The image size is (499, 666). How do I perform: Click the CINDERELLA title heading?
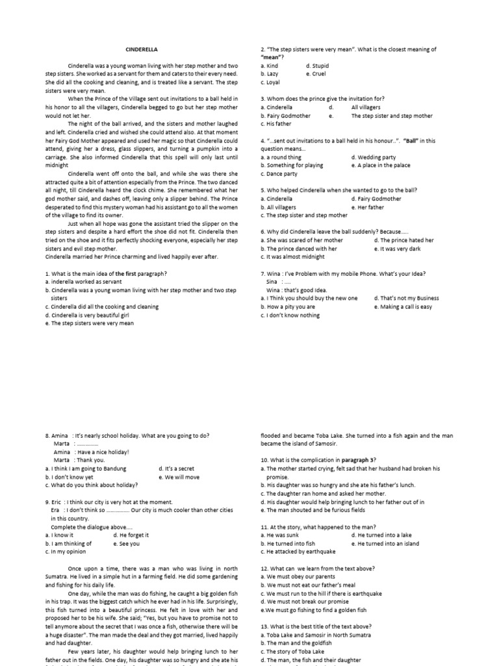click(x=141, y=49)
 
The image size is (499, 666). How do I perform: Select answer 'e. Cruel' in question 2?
click(x=318, y=74)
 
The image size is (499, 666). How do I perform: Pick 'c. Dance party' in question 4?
click(x=279, y=174)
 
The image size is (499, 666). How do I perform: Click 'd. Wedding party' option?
click(x=373, y=157)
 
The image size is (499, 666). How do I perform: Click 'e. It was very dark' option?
click(x=400, y=248)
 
